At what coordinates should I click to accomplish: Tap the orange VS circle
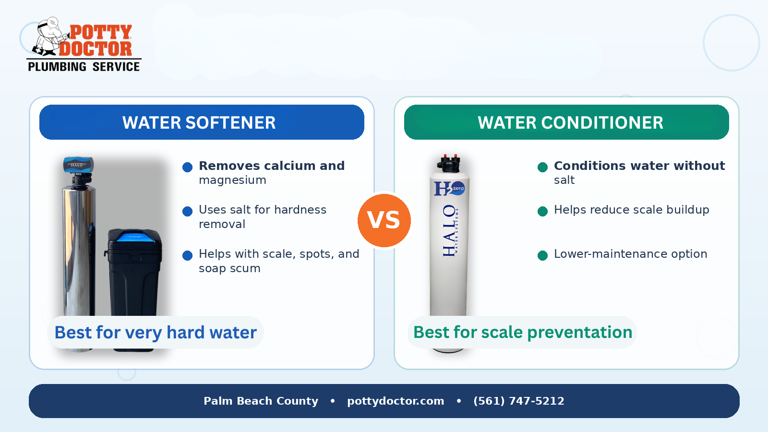[384, 220]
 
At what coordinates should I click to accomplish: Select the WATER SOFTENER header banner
[202, 122]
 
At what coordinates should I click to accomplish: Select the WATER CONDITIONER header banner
[566, 122]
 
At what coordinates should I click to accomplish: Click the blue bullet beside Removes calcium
[188, 167]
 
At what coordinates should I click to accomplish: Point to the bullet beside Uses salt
[188, 211]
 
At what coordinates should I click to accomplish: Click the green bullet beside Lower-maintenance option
[543, 255]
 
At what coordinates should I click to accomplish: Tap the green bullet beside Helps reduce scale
[543, 211]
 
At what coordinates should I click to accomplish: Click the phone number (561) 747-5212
[518, 401]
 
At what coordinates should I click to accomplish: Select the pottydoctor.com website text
[396, 401]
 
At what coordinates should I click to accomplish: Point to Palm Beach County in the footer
[261, 401]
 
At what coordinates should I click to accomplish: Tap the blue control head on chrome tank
[78, 166]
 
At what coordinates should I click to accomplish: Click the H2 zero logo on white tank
[449, 188]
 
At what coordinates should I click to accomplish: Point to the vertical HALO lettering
[449, 230]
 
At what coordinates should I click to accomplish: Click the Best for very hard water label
[156, 332]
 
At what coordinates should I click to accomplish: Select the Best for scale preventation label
[522, 332]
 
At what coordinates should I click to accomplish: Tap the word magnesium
[232, 180]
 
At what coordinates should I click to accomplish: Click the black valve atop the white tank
[449, 164]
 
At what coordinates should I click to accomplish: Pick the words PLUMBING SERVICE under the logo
[84, 67]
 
